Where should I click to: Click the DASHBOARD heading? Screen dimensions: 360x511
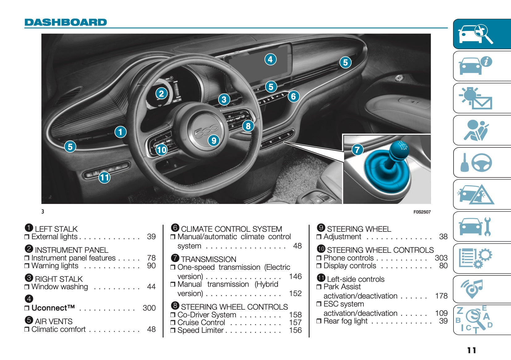coord(66,22)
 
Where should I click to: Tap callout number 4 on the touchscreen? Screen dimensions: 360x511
coord(270,59)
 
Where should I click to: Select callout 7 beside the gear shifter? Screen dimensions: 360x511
coord(357,150)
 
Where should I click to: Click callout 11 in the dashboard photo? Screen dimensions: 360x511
coord(104,177)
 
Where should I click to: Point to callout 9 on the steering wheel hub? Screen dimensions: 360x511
coord(214,141)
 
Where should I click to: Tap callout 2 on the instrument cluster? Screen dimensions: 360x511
coord(161,93)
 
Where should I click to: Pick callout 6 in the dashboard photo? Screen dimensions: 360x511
coord(293,96)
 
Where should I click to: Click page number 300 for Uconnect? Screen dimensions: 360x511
coord(149,308)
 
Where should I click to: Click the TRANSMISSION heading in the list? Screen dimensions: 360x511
coord(208,259)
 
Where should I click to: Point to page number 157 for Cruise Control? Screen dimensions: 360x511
coord(295,322)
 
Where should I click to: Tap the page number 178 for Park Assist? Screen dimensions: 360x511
coord(441,296)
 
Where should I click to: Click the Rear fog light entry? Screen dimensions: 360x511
coord(345,321)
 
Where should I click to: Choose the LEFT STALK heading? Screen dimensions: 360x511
coord(56,229)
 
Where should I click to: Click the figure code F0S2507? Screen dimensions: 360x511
coord(422,212)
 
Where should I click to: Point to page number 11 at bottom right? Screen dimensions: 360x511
coord(471,350)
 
